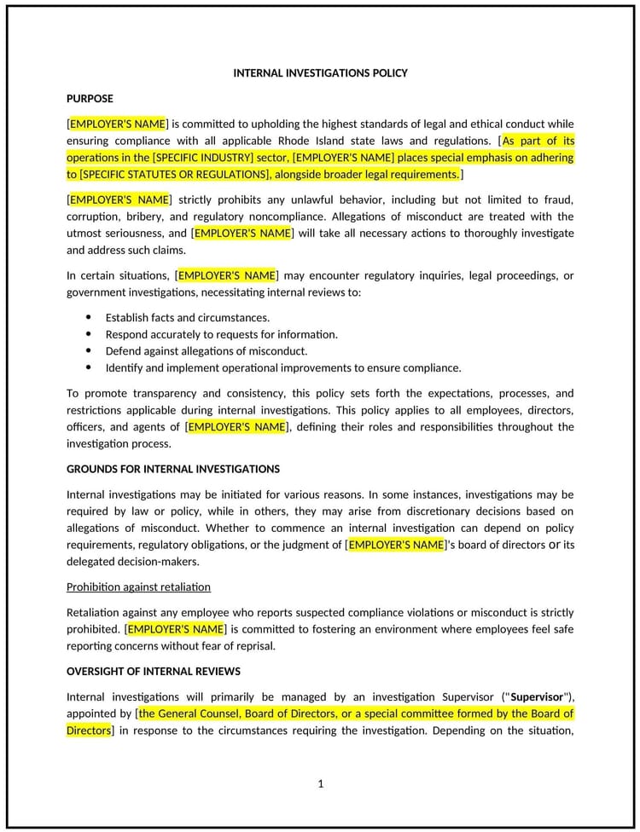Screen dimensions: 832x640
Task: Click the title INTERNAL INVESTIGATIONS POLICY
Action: tap(320, 73)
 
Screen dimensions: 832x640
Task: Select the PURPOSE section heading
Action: tap(90, 98)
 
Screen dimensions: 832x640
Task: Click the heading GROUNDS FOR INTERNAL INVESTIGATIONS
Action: tap(172, 469)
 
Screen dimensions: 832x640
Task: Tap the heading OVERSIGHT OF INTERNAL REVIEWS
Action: tap(154, 671)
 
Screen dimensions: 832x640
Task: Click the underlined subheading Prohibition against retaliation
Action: tap(138, 586)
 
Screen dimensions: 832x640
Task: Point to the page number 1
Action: tap(321, 783)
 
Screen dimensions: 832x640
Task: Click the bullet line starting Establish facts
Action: tap(187, 317)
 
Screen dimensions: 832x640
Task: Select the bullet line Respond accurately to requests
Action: tap(221, 334)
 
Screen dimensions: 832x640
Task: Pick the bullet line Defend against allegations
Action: tap(206, 351)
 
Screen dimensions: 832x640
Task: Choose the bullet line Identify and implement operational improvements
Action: tap(282, 368)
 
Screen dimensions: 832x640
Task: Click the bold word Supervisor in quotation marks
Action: tap(537, 696)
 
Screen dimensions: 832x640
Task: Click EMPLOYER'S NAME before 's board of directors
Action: tap(396, 545)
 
